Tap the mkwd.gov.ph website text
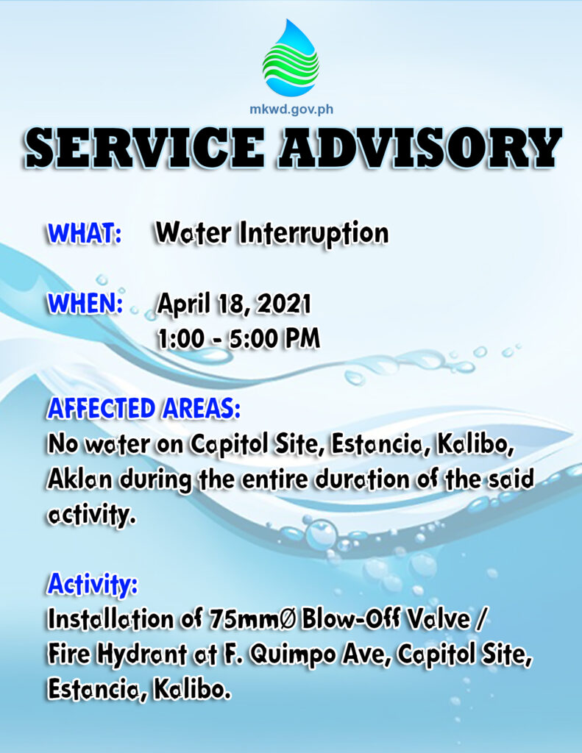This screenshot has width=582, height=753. tap(291, 110)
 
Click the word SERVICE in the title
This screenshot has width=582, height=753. tap(145, 149)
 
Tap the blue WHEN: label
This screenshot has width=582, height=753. tap(85, 304)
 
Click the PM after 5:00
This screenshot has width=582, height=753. tap(302, 339)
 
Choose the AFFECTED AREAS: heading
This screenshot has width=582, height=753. tap(143, 409)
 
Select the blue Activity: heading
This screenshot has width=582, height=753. tap(93, 585)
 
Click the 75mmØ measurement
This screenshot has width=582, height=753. tap(253, 619)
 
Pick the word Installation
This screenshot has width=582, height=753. tap(112, 619)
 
